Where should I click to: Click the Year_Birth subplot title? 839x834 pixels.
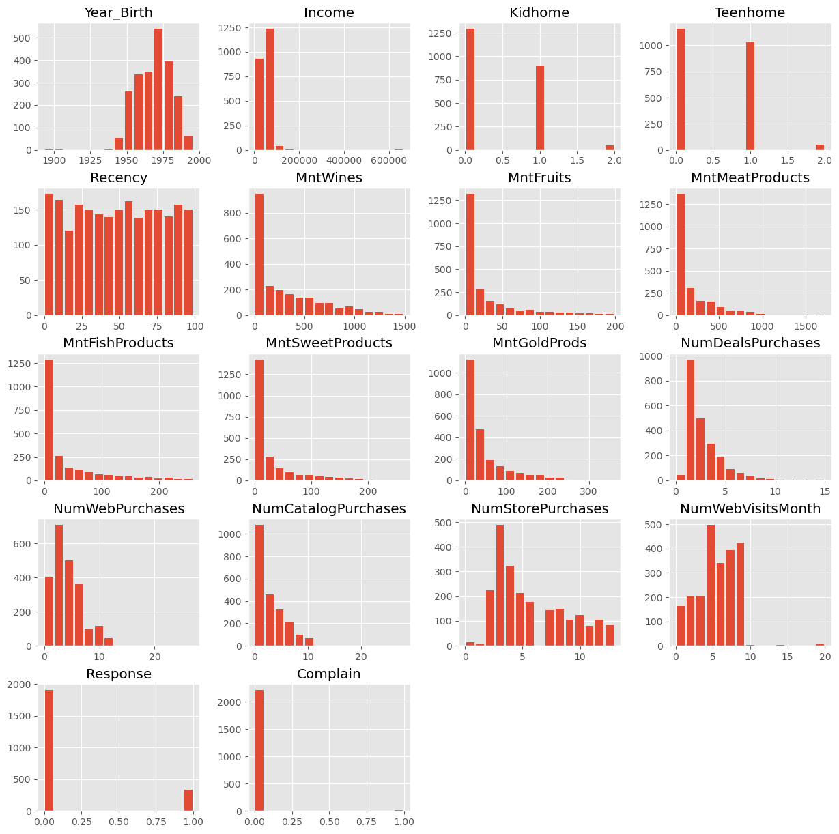(118, 12)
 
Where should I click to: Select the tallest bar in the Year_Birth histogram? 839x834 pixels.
(158, 89)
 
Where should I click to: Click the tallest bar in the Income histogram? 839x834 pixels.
(270, 89)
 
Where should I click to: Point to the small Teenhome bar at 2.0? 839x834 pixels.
(819, 147)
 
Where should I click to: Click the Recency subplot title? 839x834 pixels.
(118, 177)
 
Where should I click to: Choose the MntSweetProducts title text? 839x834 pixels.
(329, 343)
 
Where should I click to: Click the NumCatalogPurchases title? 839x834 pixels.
(329, 508)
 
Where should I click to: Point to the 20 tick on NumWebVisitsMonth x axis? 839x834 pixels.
(825, 657)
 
